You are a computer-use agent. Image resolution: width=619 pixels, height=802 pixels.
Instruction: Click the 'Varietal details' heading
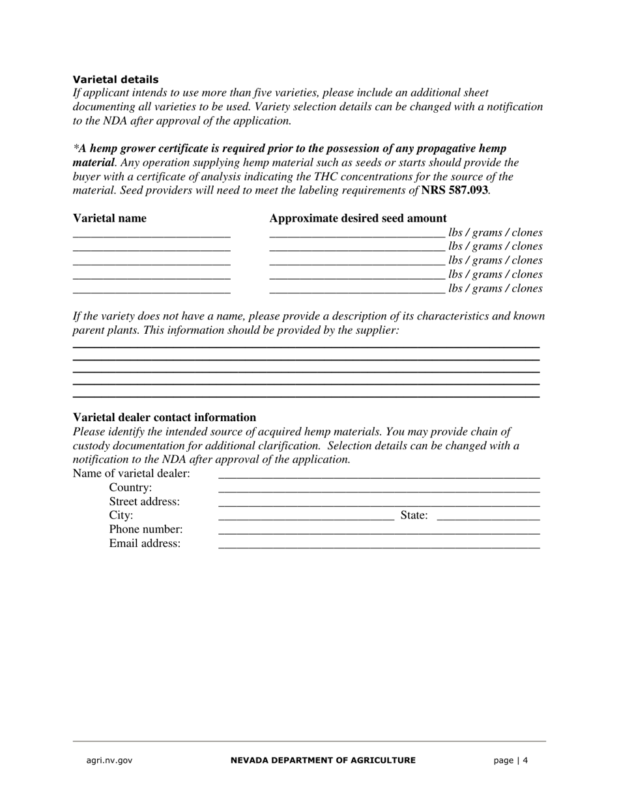coord(115,80)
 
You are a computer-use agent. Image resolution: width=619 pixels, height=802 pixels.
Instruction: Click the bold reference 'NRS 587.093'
coord(454,190)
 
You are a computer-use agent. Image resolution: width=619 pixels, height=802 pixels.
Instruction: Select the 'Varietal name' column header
coord(109,218)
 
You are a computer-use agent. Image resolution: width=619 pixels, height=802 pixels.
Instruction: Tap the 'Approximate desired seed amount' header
coord(358,218)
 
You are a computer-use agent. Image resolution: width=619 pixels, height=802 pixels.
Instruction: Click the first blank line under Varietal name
coord(152,233)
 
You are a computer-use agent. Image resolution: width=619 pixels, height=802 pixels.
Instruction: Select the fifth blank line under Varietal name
coord(152,290)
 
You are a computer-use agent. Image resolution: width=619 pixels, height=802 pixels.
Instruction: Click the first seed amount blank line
coord(357,233)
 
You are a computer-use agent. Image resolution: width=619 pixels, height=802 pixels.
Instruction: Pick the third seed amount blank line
coord(357,261)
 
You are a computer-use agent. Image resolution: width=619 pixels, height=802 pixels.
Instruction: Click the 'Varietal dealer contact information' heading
coord(164,417)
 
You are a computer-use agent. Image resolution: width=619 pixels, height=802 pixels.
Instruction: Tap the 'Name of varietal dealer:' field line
coord(379,475)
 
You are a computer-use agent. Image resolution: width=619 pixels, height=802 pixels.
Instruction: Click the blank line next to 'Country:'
coord(379,489)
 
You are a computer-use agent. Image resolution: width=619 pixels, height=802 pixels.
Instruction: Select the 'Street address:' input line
coord(379,503)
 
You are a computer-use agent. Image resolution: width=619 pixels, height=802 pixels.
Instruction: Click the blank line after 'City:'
coord(306,517)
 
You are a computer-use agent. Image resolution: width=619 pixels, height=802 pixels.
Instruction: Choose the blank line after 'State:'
coord(488,517)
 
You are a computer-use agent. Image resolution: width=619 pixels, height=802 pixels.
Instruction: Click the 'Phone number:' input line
coord(379,531)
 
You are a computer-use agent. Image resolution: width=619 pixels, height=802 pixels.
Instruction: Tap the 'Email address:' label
coord(145,544)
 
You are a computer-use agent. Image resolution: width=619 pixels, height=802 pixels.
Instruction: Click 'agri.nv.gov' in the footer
coord(109,760)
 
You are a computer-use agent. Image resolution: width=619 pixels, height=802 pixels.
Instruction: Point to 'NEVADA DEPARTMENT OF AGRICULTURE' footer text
coord(323,760)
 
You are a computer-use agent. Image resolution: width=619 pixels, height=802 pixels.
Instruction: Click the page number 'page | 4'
coord(510,760)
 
